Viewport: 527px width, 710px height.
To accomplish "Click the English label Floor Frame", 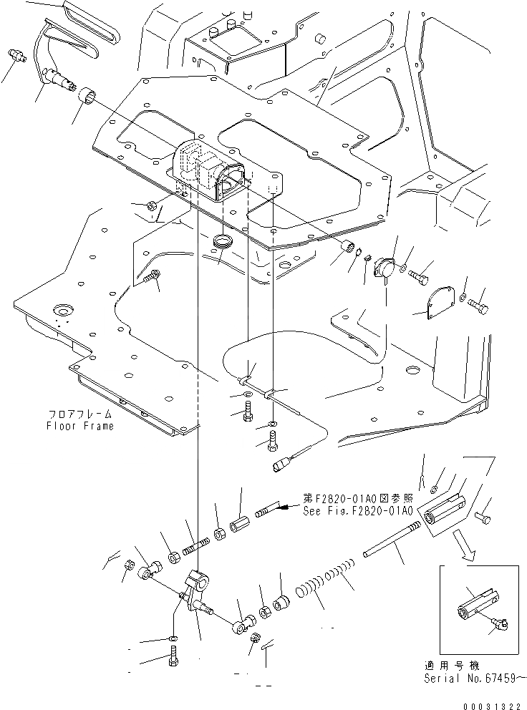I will click(x=80, y=425).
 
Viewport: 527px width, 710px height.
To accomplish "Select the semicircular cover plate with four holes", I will click(x=436, y=303).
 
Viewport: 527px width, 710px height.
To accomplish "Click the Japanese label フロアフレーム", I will click(x=81, y=414).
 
